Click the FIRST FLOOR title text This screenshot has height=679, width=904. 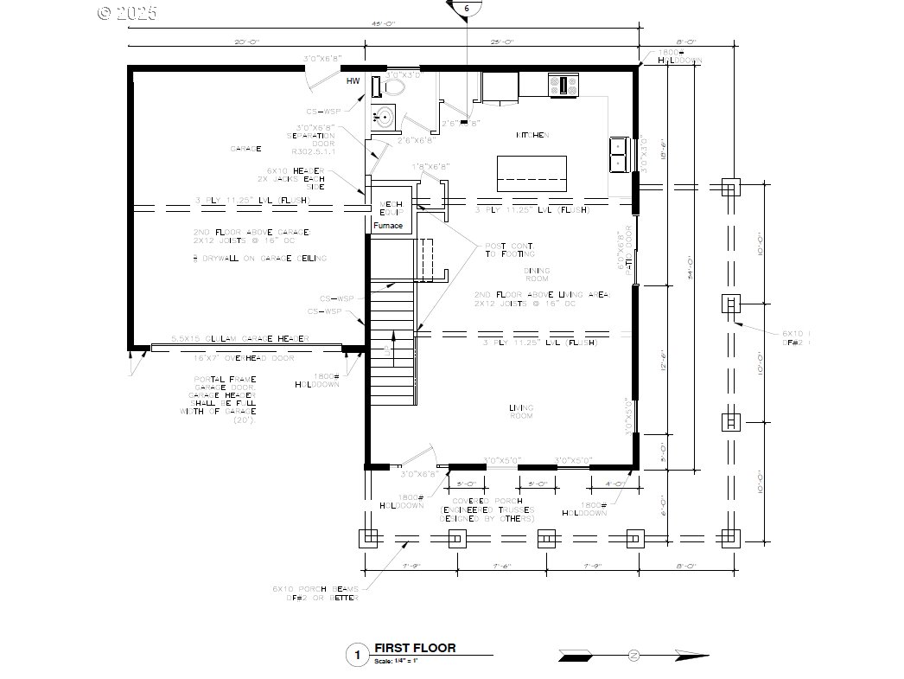(x=415, y=648)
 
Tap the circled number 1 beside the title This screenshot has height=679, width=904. (x=355, y=656)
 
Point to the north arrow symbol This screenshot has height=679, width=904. (x=633, y=657)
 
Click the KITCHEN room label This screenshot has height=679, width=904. (x=533, y=135)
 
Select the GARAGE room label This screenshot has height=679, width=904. (x=245, y=148)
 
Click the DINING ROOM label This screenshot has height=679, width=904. (x=537, y=275)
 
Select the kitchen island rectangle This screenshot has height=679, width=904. (x=532, y=173)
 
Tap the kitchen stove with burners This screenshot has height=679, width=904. (x=563, y=85)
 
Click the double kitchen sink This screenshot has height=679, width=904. (x=620, y=154)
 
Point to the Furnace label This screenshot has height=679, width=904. (x=388, y=226)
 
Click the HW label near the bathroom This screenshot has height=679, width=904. (x=353, y=81)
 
